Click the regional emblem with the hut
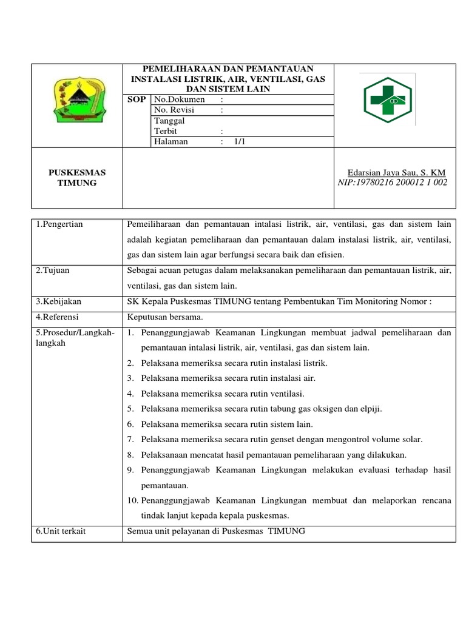(77, 99)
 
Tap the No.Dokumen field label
(179, 99)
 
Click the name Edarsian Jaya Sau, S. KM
(396, 173)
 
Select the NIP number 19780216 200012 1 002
(392, 183)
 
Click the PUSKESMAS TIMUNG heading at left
(77, 178)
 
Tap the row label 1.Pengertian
(59, 224)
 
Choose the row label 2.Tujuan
(53, 270)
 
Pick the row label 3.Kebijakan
(58, 301)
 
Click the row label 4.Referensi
(58, 317)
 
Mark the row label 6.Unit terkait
(61, 531)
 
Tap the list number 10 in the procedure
(133, 500)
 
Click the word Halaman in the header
(171, 141)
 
